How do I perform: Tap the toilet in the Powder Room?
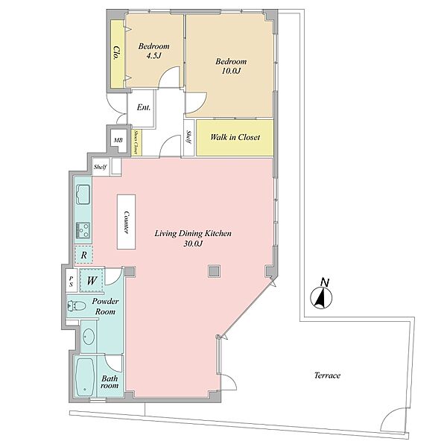click(77, 306)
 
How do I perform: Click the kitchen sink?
click(83, 194)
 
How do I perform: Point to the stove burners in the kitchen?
click(83, 230)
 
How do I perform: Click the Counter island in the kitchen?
click(127, 222)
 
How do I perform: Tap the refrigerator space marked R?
click(83, 255)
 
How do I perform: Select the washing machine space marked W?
click(91, 281)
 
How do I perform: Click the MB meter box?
click(118, 140)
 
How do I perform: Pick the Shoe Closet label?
click(136, 142)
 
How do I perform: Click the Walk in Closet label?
click(235, 137)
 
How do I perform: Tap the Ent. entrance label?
click(144, 107)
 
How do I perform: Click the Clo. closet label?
click(116, 52)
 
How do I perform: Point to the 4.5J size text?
click(154, 56)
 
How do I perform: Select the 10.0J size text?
click(231, 71)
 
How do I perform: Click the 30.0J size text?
click(193, 244)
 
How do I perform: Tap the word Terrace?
click(327, 375)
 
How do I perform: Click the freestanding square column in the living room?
click(214, 271)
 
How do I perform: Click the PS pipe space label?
click(72, 281)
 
